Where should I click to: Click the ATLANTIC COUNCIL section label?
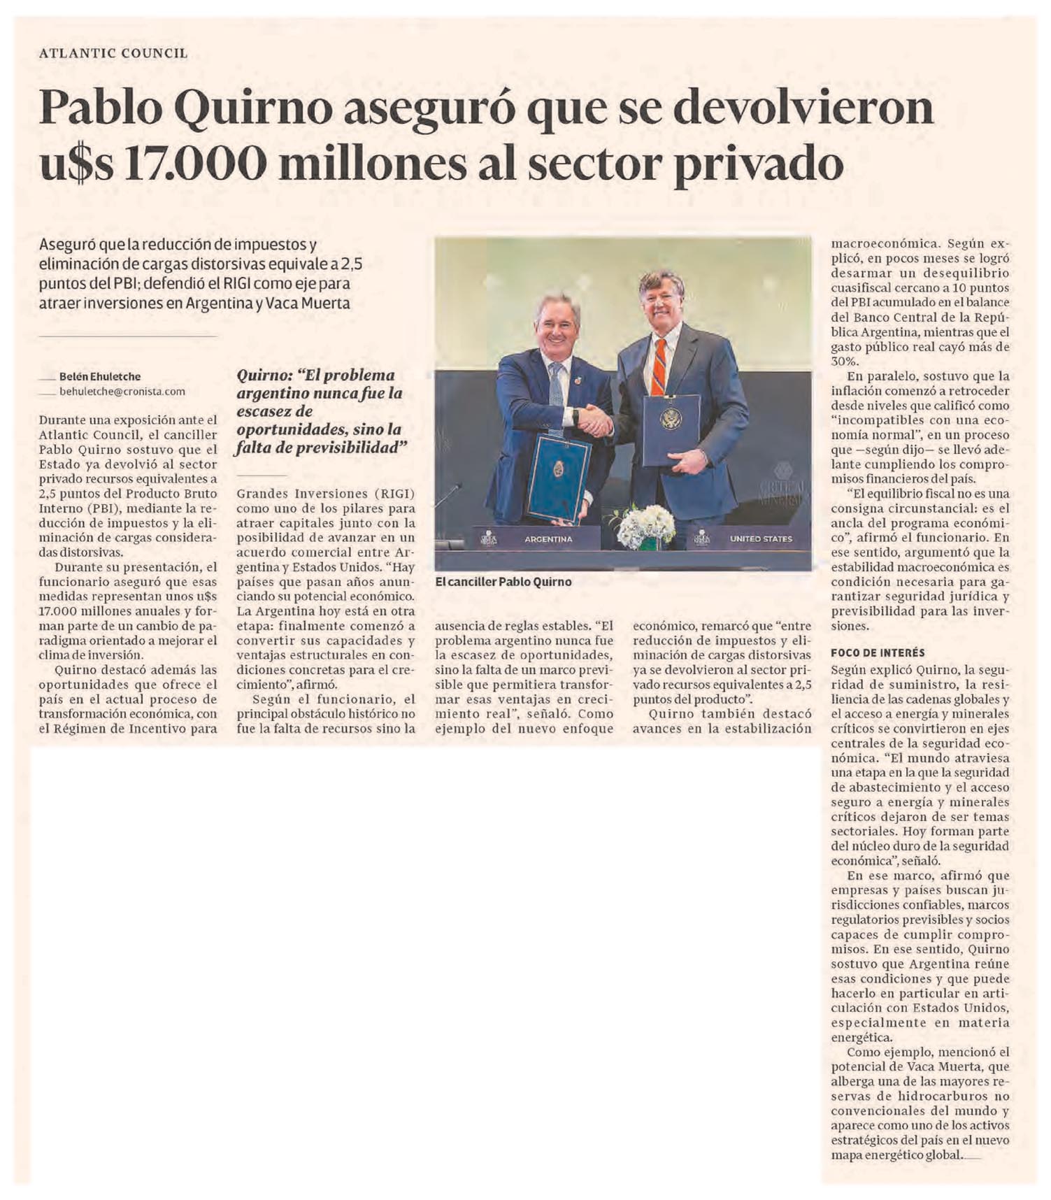pyautogui.click(x=113, y=53)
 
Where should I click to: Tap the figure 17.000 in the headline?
pyautogui.click(x=197, y=164)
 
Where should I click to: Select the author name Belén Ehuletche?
pyautogui.click(x=100, y=376)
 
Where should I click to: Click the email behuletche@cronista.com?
pyautogui.click(x=122, y=392)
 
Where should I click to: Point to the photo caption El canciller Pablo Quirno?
pyautogui.click(x=503, y=581)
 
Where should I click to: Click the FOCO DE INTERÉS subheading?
pyautogui.click(x=878, y=652)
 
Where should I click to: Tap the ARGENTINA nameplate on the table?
pyautogui.click(x=548, y=539)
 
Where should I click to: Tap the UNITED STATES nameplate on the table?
pyautogui.click(x=761, y=539)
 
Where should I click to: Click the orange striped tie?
pyautogui.click(x=658, y=366)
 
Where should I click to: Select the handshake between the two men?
pyautogui.click(x=595, y=420)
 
